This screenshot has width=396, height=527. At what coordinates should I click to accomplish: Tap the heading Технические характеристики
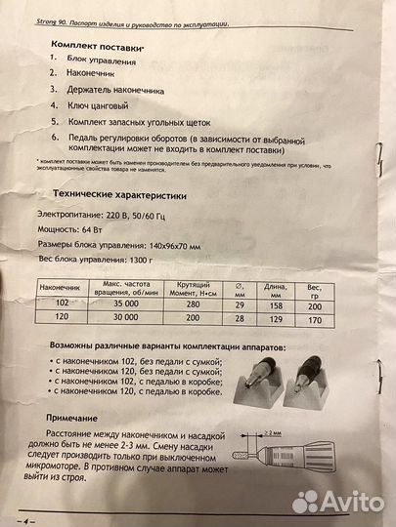click(x=124, y=194)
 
